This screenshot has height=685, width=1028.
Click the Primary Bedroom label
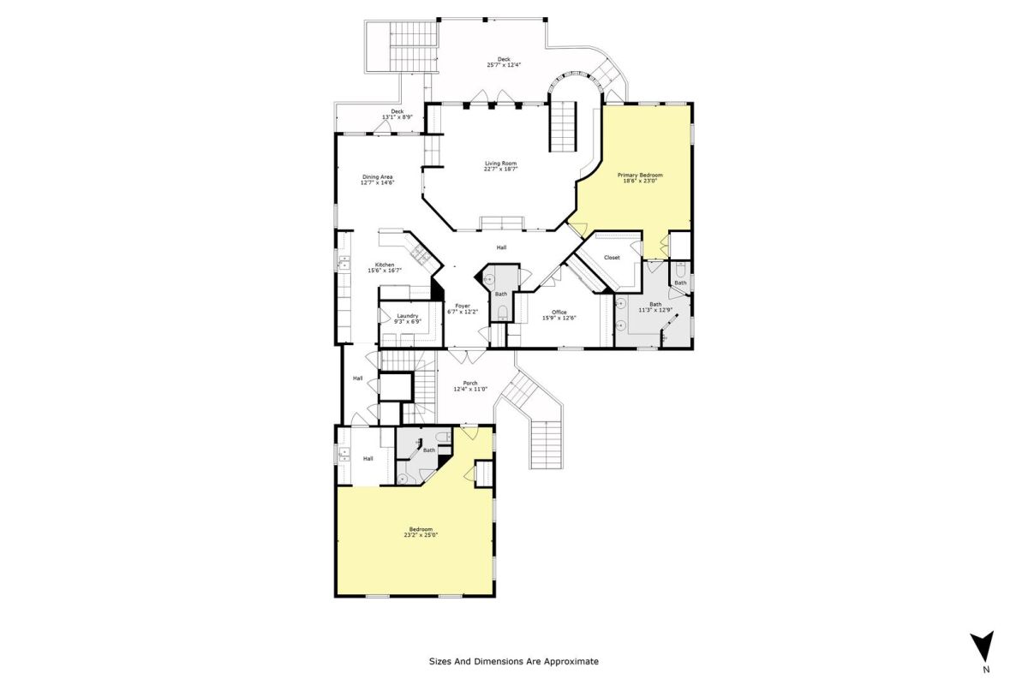[x=640, y=175]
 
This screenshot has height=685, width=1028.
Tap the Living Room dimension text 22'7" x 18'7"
[x=500, y=169]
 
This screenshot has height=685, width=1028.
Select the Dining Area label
[x=377, y=176]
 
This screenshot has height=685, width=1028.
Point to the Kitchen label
[x=385, y=265]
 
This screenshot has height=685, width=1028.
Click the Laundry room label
[x=408, y=316]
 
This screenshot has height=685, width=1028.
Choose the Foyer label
[x=463, y=306]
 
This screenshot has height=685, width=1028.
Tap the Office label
[x=559, y=312]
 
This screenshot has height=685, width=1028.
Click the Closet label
[x=612, y=258]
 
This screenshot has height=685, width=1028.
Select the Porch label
[x=470, y=383]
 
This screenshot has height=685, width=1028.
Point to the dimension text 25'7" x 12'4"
[x=504, y=65]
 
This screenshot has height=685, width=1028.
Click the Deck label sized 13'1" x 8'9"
[x=397, y=111]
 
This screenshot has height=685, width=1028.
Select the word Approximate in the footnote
[x=571, y=662]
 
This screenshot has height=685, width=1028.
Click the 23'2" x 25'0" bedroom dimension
[x=421, y=534]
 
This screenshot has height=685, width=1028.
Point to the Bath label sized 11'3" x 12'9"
[x=655, y=304]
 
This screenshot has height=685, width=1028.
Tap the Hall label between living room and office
[x=501, y=247]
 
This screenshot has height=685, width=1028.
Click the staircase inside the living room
[x=563, y=127]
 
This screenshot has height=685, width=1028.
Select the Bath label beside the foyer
[x=501, y=294]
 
